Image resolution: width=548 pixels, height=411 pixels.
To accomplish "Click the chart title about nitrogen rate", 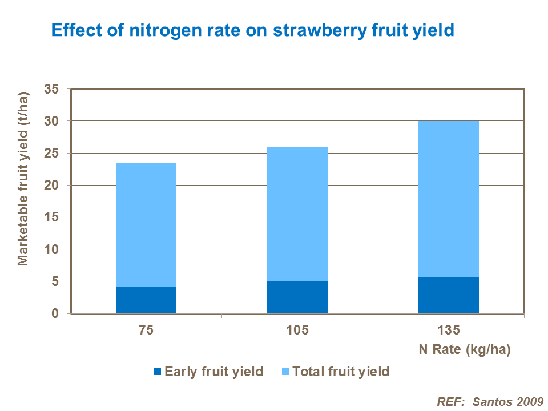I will pos(252,30).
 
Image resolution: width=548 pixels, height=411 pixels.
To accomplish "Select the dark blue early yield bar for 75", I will pos(146,300).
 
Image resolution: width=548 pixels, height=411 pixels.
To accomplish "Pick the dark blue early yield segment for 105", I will pos(297,297).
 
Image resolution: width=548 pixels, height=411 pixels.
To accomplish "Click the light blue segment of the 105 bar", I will pos(297,214).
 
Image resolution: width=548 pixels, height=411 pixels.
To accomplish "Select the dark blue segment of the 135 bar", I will pos(448,295).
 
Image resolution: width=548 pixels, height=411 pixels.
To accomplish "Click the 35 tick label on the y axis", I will pos(52,89).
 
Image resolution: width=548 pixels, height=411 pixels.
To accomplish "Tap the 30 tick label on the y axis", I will pos(52,121).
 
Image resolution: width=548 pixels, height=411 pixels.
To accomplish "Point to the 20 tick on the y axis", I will pos(52,186).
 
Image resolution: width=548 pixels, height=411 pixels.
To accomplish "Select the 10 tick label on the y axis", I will pos(52,249).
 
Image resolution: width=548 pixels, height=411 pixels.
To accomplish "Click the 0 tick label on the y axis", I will pos(56,313).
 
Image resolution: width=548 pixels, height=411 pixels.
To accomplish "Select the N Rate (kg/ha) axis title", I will pos(471,349).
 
